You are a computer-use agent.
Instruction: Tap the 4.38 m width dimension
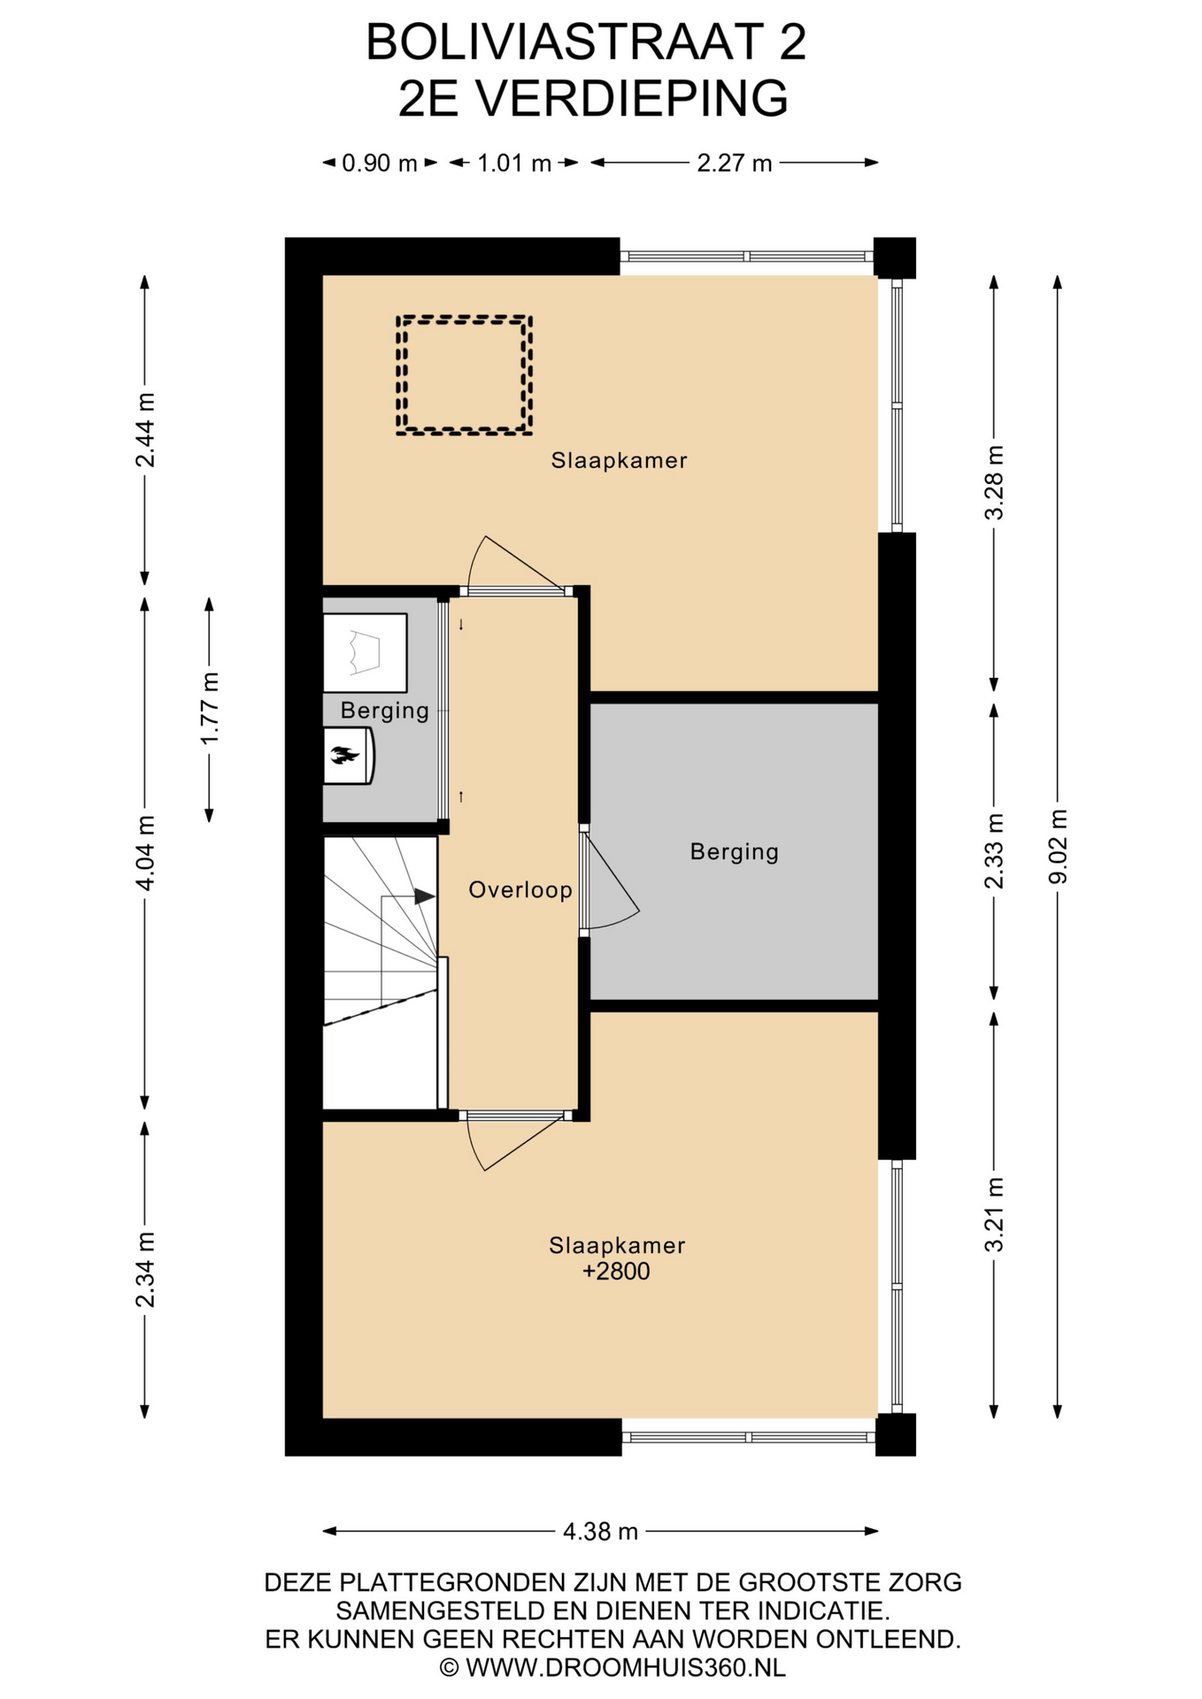tap(601, 1532)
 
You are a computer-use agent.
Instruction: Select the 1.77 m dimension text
tap(209, 709)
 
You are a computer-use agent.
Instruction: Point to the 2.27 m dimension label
tap(735, 163)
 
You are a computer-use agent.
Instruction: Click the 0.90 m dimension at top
tap(380, 163)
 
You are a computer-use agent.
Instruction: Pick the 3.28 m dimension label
tap(995, 483)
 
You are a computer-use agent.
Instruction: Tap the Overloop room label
tap(520, 890)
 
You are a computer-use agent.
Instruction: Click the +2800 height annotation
tap(616, 1272)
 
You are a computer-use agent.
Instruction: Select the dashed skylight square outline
tap(464, 318)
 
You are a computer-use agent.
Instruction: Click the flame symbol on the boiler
tap(344, 755)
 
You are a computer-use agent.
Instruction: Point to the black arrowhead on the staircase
tap(425, 896)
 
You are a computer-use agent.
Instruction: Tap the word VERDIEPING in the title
tap(631, 98)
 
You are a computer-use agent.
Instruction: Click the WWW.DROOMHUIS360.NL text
tap(626, 1668)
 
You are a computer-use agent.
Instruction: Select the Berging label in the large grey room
tap(735, 852)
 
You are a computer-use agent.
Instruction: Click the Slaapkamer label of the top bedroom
tap(619, 460)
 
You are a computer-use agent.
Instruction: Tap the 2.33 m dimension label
tap(995, 851)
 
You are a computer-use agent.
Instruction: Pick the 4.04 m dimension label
tap(145, 853)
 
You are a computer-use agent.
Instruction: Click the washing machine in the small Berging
tap(365, 653)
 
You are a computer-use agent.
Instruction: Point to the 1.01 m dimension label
tap(514, 163)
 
